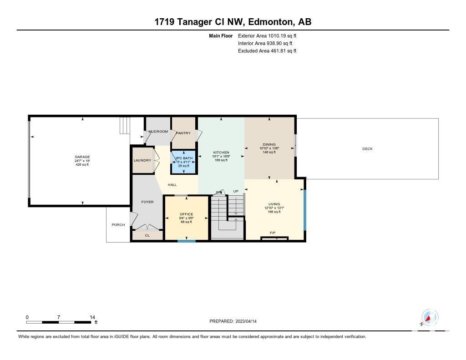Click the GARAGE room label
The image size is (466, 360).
click(82, 157)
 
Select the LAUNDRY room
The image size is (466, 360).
click(142, 160)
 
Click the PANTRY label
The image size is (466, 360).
click(183, 133)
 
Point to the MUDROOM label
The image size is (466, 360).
click(158, 132)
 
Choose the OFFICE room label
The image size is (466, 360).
click(186, 214)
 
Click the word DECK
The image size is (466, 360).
click(367, 149)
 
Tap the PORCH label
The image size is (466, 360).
click(118, 225)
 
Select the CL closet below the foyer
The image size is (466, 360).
click(147, 235)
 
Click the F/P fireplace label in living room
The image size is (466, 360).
click(273, 233)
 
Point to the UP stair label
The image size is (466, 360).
click(236, 191)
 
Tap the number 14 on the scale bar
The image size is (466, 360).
click(92, 317)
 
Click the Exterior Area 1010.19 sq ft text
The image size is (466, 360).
click(267, 35)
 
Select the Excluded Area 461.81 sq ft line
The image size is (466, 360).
click(267, 51)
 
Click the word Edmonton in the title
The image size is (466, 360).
click(270, 22)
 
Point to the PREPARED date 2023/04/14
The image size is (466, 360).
click(246, 321)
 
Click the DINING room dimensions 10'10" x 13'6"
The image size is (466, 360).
click(269, 148)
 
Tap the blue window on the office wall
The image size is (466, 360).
click(186, 241)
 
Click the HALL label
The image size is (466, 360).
click(172, 185)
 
